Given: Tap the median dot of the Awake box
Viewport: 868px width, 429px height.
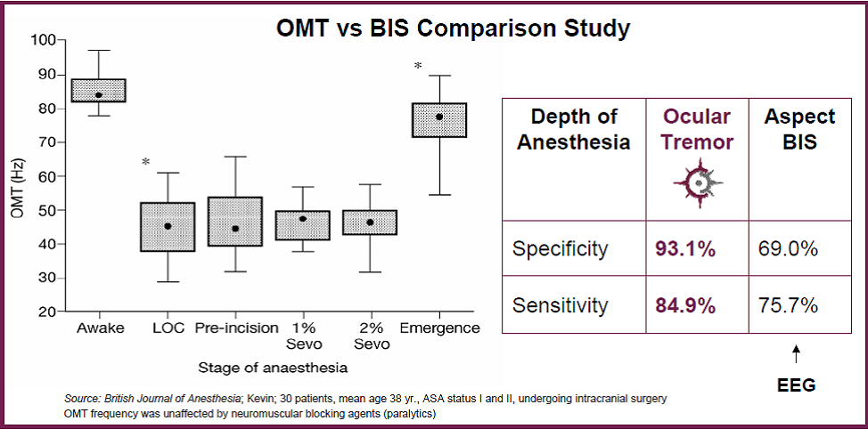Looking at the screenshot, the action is click(99, 95).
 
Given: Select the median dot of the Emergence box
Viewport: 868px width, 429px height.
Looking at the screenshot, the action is click(439, 117).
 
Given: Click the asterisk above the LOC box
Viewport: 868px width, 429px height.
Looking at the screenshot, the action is click(145, 162).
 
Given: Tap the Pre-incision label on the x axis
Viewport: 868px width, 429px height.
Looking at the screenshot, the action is click(236, 328).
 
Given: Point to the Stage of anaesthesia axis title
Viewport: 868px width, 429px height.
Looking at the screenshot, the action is click(273, 368).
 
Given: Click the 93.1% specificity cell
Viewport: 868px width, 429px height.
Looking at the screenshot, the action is click(685, 249).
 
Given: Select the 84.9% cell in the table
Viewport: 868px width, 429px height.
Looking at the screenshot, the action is click(685, 305).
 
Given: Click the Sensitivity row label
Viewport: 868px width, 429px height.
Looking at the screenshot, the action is click(560, 305).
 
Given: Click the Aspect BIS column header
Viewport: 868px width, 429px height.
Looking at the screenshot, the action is click(799, 129).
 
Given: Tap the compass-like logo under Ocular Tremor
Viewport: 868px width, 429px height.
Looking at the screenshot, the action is click(699, 183).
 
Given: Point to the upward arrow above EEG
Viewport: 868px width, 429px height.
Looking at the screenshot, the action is click(796, 355).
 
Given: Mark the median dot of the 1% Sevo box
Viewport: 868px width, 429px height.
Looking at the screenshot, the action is click(303, 219).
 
